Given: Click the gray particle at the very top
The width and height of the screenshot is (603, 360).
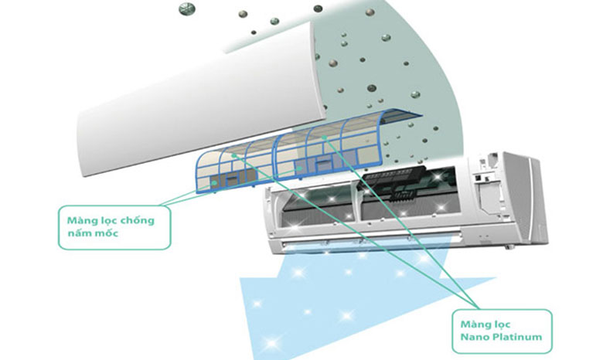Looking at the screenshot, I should coord(185,8).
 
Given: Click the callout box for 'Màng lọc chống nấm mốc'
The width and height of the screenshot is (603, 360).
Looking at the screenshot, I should coord(114,226).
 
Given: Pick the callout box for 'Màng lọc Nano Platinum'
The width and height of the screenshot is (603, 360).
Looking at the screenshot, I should coord(502,330).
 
